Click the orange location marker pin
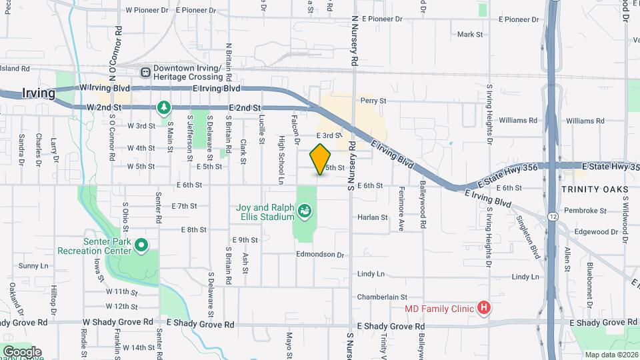(x=321, y=159)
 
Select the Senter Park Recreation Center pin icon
(x=141, y=246)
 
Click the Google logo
(x=21, y=352)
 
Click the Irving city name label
(x=39, y=93)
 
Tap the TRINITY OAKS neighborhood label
(x=594, y=190)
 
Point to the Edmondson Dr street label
(x=320, y=255)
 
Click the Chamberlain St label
(x=381, y=297)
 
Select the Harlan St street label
(x=373, y=217)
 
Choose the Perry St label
(x=373, y=101)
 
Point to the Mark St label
(x=469, y=34)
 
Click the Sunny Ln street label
(x=31, y=265)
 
